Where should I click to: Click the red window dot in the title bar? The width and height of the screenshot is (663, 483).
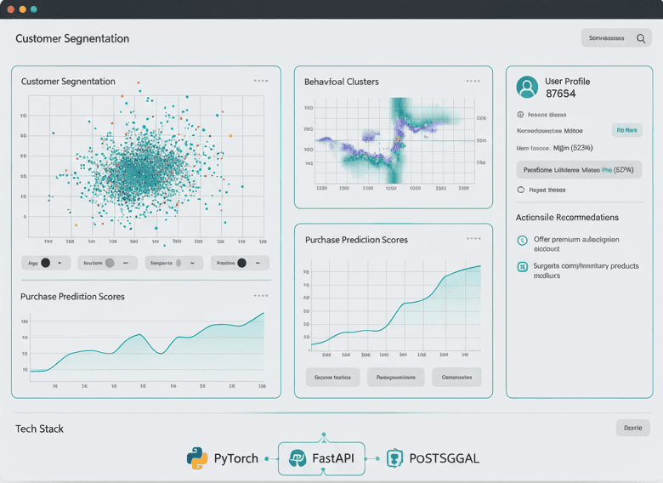11,9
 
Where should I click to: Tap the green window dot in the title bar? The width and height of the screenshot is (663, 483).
33,9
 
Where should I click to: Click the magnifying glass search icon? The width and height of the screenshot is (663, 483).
641,38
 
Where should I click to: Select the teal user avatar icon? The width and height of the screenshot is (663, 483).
527,87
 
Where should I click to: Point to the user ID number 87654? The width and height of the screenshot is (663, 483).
561,94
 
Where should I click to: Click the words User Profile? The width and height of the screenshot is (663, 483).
567,82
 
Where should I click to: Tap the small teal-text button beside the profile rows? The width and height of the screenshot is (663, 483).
626,130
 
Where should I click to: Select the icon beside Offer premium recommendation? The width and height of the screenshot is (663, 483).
522,241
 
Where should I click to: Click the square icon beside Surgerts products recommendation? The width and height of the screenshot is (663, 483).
522,267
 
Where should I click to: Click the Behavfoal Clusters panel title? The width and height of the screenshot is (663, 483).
342,82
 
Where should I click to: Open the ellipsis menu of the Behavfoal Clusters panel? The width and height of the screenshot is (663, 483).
473,81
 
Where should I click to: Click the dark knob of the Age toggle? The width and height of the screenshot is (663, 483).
45,263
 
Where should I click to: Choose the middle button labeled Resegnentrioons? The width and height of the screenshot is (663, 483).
395,377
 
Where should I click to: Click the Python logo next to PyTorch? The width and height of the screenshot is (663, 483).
197,458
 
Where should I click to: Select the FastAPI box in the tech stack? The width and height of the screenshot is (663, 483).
322,458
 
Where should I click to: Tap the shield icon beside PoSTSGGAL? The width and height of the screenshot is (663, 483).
394,458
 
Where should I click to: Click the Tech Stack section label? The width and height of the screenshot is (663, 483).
39,429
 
